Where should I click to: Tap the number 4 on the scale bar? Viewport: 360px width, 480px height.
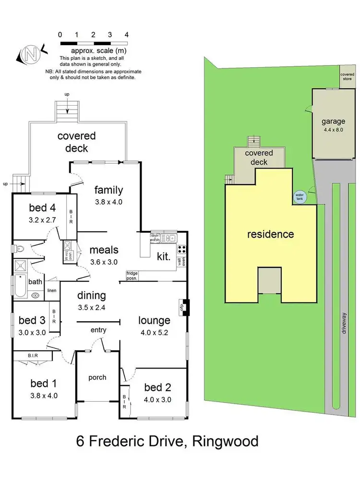126,35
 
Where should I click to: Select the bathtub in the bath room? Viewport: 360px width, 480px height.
20,286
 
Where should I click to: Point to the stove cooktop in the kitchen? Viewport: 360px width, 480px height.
182,249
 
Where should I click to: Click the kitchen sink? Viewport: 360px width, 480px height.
168,238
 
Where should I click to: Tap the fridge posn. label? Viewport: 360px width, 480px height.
132,276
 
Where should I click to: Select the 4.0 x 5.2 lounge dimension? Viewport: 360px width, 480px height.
154,333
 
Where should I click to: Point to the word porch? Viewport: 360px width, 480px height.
97,377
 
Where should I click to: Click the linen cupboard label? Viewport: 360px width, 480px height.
52,290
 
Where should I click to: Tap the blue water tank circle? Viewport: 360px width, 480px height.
300,197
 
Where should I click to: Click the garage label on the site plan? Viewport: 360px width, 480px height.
334,121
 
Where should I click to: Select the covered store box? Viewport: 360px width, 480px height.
348,76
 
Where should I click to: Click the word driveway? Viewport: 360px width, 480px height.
344,323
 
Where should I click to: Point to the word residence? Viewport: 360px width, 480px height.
271,234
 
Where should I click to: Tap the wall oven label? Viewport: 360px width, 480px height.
181,262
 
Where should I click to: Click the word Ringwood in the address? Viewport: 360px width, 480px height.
225,442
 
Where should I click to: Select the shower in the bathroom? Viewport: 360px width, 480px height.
21,266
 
